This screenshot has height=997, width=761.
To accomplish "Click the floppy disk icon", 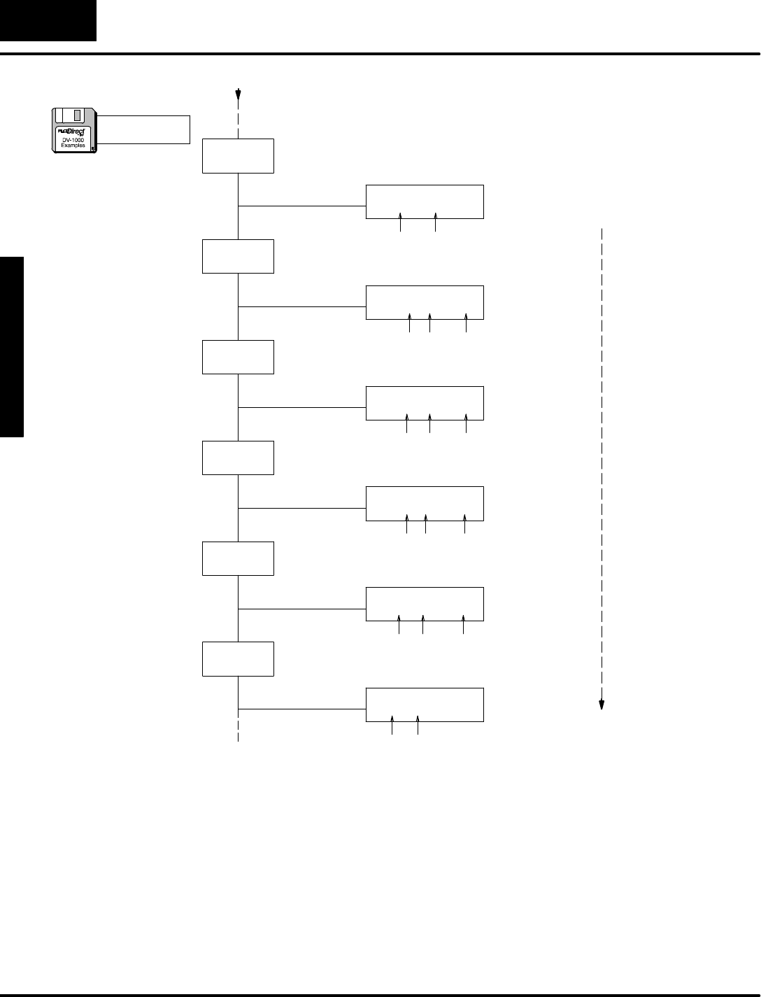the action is tap(75, 130).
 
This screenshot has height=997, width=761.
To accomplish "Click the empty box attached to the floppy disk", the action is tap(143, 129).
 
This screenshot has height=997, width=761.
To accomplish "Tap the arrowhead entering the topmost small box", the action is tap(239, 94).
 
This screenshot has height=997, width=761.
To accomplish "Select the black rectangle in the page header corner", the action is tap(48, 20).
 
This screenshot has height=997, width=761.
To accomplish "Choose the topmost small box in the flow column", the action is tap(238, 156).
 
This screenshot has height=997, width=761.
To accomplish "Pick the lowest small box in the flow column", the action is tap(238, 658).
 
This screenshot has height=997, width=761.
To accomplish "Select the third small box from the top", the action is tap(238, 357).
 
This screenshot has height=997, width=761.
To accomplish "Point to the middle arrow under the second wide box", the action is tap(430, 323).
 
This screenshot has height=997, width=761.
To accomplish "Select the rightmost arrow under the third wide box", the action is tap(466, 424).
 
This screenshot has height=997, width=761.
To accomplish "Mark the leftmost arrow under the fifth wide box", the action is tap(399, 625).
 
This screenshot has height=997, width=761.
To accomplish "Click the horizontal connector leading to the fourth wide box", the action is tap(302, 508).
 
